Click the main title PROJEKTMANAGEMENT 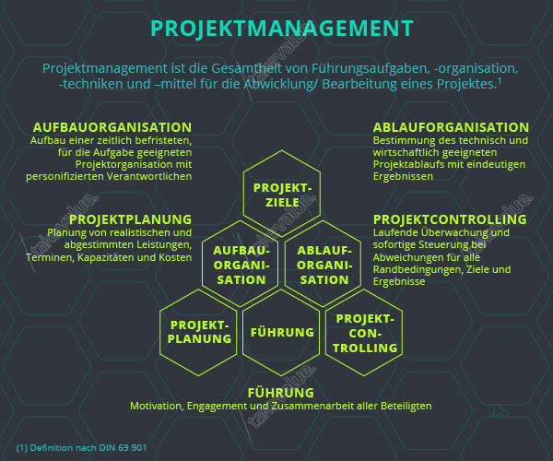[x=282, y=29]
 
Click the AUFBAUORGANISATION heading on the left [x=112, y=127]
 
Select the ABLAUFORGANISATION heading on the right [x=451, y=127]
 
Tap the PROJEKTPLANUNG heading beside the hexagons [x=131, y=219]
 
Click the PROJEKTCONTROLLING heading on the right [x=450, y=219]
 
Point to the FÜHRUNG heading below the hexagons [x=281, y=393]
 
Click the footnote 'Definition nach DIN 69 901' [x=88, y=447]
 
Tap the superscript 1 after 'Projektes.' [x=500, y=81]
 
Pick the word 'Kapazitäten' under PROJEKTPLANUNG [x=105, y=257]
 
